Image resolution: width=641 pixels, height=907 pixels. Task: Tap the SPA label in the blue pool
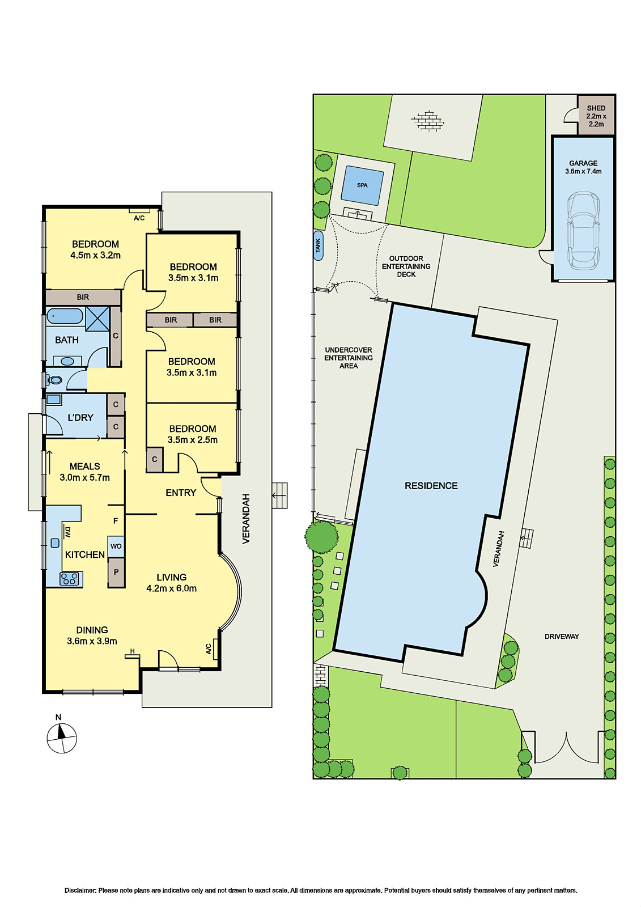pos(362,185)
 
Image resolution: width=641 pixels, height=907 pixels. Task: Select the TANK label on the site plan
pos(319,245)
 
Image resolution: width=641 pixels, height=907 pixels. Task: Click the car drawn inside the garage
pos(583,231)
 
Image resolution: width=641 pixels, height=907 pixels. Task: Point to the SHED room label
pos(596,108)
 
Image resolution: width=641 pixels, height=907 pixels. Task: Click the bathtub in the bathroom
pos(65,315)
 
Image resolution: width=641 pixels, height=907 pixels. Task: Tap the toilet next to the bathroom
pos(53,380)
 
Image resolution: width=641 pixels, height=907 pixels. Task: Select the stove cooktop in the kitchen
pos(70,579)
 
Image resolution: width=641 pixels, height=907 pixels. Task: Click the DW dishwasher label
pos(67,532)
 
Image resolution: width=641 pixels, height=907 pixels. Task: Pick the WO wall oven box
pos(116,546)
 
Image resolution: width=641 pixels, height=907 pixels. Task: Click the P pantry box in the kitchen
pos(116,572)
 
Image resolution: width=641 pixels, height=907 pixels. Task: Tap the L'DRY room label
pos(80,417)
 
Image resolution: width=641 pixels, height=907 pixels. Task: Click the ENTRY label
pos(181,493)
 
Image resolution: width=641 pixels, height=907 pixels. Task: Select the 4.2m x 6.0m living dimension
pos(171,588)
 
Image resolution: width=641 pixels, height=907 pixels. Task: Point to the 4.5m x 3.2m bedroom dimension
pos(95,255)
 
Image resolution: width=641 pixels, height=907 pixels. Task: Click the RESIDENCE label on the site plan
pos(431,485)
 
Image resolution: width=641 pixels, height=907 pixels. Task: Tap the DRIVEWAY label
pos(562,636)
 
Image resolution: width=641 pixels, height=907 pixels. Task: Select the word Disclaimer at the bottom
pos(80,891)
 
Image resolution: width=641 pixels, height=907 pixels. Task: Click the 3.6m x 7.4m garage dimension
pos(583,171)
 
